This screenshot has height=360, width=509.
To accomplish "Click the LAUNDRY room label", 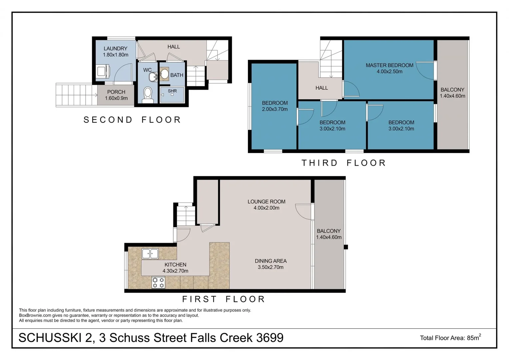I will (115, 49).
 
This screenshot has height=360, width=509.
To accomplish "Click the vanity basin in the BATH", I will (164, 74).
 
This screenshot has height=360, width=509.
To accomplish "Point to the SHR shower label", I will (172, 91).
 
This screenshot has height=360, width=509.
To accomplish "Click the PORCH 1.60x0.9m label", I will (116, 95).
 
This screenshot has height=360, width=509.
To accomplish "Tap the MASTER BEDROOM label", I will (389, 65).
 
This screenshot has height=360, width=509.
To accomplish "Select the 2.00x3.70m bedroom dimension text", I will (274, 109).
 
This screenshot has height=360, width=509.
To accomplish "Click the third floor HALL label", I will (321, 88).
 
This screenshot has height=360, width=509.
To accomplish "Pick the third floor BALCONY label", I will (452, 90).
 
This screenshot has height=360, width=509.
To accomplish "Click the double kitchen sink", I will (150, 254).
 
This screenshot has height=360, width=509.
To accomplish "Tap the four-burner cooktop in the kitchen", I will (158, 283).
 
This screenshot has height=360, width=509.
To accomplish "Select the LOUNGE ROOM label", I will (266, 202).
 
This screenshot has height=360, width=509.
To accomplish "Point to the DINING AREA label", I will (270, 261).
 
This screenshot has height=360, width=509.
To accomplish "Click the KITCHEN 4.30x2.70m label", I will (175, 268).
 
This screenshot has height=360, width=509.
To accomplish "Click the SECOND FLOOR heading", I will (132, 120).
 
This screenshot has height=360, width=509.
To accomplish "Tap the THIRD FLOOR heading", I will (343, 163).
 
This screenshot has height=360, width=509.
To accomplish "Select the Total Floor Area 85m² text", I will (450, 338).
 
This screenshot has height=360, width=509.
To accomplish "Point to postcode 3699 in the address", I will (270, 338).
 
